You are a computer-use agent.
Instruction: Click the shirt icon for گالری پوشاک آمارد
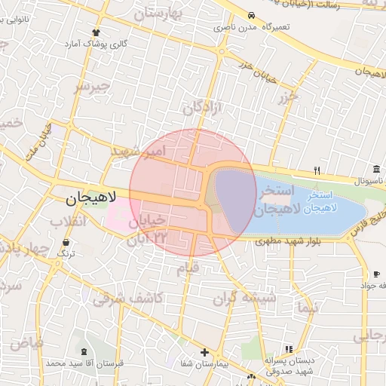point(96,32)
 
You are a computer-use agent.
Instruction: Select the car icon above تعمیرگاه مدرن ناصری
point(251,15)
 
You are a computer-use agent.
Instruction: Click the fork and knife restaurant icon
point(317,170)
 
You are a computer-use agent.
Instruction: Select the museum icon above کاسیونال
point(375,170)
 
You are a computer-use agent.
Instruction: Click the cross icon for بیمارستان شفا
point(204,352)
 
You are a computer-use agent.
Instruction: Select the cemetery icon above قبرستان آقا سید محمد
point(83,352)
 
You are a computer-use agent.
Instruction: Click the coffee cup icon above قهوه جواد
point(376,274)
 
